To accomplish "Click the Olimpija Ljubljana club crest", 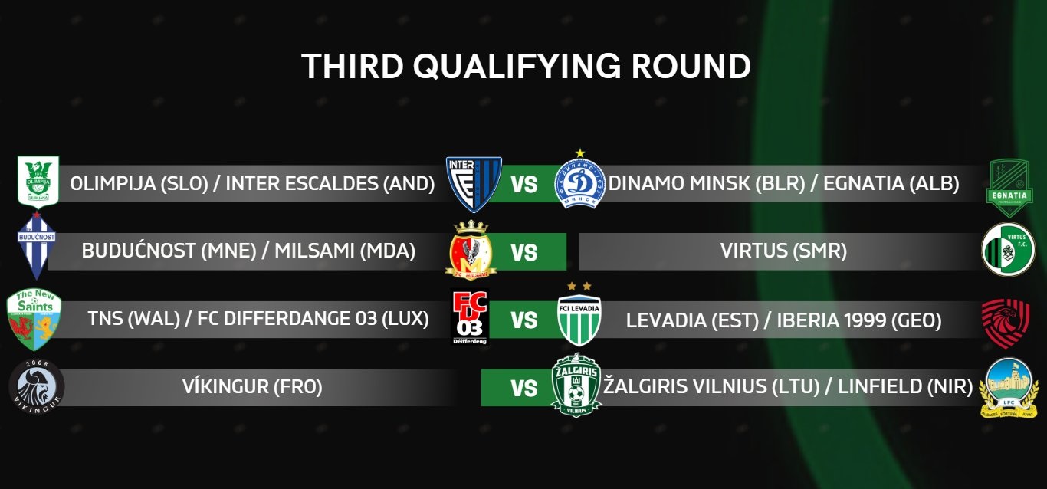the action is [38, 182].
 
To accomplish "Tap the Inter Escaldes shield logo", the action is [474, 184].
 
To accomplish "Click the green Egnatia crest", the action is [1009, 188].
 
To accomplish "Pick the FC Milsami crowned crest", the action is [471, 250].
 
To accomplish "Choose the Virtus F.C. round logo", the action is [1008, 249].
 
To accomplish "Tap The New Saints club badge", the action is [34, 319].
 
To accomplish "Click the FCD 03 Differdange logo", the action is [470, 318].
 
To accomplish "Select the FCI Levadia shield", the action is [579, 320].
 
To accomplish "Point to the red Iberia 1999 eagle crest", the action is [1006, 323].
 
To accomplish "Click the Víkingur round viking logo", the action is [37, 386].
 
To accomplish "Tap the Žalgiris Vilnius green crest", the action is [576, 385].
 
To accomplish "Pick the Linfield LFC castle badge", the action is [1009, 388].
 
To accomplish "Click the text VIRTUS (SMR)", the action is [783, 251].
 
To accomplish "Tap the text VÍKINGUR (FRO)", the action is [252, 386].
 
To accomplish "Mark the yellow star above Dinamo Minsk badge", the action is [580, 153].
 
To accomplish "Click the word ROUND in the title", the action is [691, 67].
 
